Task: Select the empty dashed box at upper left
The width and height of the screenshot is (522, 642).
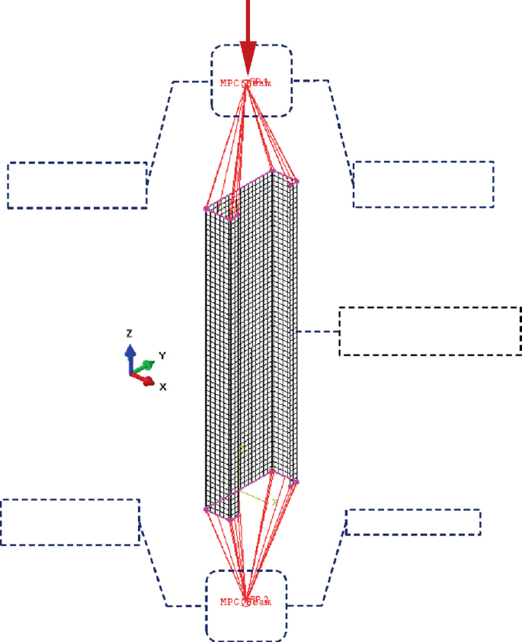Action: pos(77,185)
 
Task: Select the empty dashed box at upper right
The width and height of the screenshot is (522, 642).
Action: pos(424,184)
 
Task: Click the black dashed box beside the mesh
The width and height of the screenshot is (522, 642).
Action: pos(430,331)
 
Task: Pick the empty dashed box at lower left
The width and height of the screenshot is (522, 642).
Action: pos(71,522)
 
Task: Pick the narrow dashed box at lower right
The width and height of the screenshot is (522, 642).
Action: pos(413,522)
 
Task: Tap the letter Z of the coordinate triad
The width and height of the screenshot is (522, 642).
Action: pos(130,334)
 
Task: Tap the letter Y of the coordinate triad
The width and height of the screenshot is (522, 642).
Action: pos(162,355)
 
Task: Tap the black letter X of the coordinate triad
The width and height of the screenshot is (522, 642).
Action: pos(163,387)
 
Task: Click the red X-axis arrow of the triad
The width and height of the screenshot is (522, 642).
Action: pos(145,380)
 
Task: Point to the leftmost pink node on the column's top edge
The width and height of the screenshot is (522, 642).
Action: pos(206,208)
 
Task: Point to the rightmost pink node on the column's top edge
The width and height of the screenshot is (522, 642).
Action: pos(296,181)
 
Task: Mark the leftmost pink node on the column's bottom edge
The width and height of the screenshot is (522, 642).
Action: pos(206,509)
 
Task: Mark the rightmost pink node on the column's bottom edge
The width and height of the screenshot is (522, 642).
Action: pos(296,482)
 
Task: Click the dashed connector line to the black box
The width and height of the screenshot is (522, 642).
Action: pos(318,332)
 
